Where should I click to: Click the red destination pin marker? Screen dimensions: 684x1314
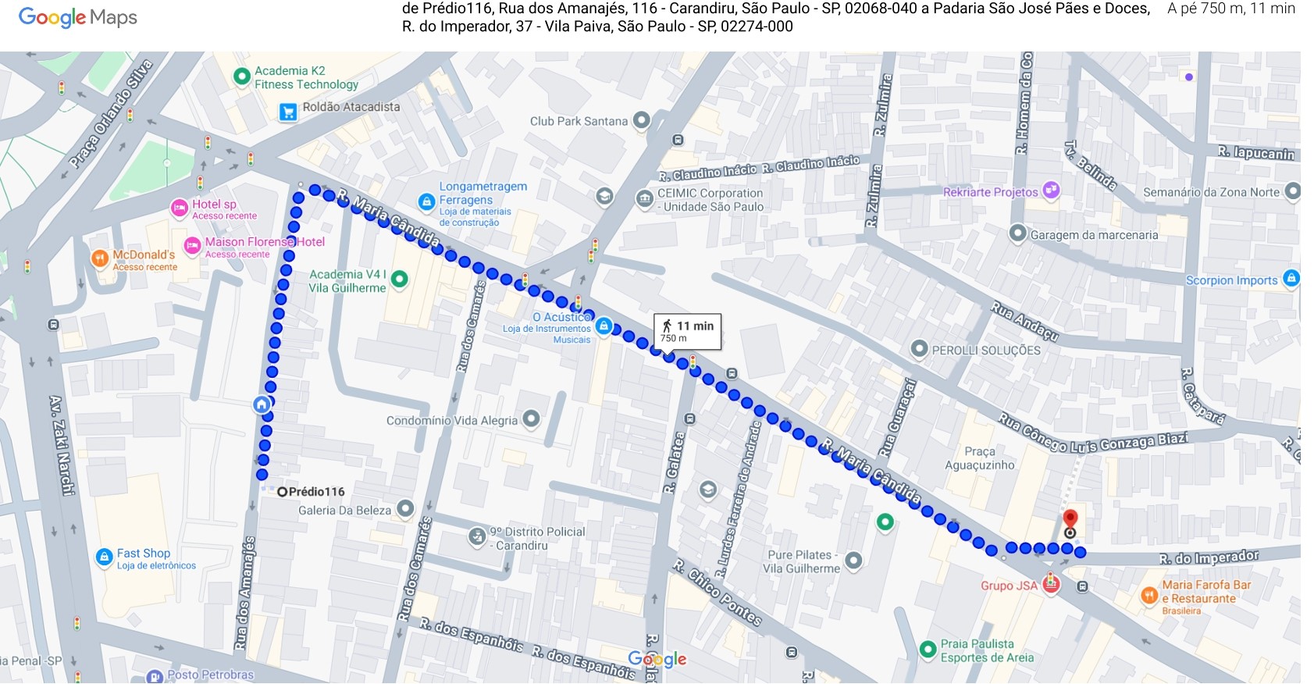(1070, 518)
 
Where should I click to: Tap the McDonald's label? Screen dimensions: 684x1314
(144, 255)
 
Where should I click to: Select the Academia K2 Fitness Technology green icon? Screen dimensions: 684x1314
(242, 77)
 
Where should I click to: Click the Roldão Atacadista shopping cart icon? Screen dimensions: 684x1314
(288, 112)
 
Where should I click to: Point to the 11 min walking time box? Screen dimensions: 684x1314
(687, 331)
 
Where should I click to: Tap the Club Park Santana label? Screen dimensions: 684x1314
(579, 121)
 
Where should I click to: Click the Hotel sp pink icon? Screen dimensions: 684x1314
(180, 208)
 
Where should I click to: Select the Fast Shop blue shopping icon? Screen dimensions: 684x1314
(104, 557)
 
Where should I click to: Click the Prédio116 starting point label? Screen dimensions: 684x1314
(316, 491)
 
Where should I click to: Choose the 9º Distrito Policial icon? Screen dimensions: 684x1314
(477, 536)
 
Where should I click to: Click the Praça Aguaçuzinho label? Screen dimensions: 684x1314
(980, 458)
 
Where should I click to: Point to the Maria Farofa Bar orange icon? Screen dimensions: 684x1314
(1149, 596)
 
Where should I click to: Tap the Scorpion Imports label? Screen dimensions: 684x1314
(1231, 280)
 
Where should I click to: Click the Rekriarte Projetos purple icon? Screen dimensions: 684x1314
(1051, 190)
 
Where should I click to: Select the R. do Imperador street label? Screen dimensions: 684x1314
(1208, 558)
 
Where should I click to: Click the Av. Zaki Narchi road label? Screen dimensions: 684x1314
(62, 445)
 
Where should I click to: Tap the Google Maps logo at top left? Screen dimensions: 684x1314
(77, 17)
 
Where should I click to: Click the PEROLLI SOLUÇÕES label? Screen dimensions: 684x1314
(985, 351)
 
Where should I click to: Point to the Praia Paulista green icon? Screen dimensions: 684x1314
(928, 649)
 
